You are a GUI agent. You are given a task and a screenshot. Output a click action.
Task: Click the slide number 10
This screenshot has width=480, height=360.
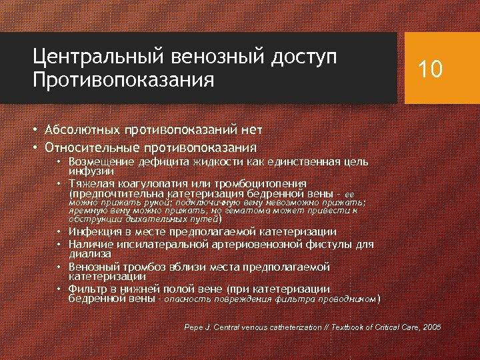click(429, 69)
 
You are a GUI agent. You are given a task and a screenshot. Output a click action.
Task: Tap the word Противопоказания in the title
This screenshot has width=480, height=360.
click(123, 81)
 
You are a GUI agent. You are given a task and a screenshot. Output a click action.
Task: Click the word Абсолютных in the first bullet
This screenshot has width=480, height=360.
click(81, 129)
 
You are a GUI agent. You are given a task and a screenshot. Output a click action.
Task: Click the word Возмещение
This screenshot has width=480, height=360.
click(100, 162)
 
